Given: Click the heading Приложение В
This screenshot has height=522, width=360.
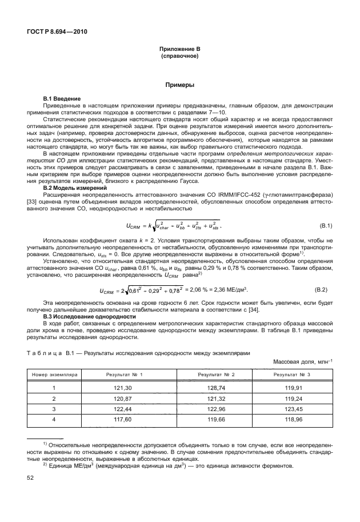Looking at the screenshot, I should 179,51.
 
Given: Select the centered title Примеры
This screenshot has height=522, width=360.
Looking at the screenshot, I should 179,85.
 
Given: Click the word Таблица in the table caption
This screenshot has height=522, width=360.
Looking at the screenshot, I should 44,353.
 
